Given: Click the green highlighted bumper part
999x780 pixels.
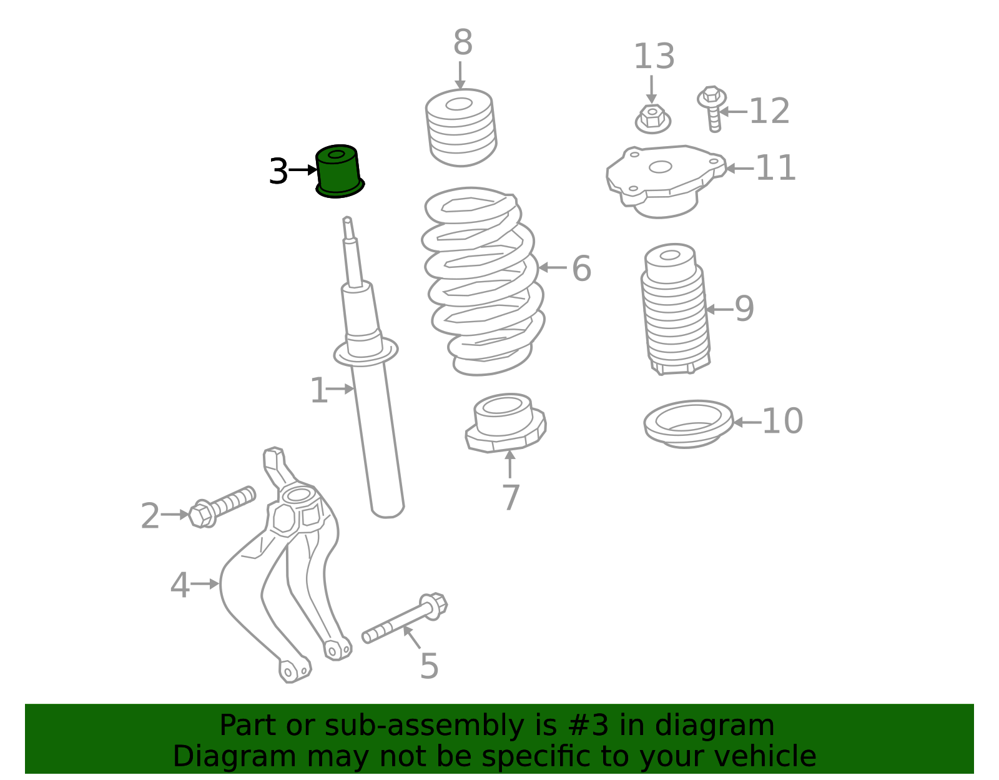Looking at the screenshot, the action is point(339,172).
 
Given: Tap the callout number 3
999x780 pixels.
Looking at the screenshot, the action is point(278,172).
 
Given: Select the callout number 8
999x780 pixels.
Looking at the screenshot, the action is point(463,42).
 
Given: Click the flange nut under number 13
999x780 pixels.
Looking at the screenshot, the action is point(653,119).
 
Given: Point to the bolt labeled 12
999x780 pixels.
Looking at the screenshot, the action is point(712,109).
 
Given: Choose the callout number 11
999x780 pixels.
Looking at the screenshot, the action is point(775,168).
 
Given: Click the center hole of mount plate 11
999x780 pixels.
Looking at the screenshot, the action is point(661,167).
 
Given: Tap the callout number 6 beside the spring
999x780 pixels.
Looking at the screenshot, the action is point(581,268).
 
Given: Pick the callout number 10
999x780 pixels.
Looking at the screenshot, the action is point(782,420).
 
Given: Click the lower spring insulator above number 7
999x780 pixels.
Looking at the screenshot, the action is point(506,423).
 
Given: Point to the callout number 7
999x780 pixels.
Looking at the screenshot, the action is point(511,497).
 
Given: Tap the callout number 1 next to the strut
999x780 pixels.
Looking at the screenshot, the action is point(319,390).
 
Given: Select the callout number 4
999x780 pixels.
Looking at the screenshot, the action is point(180,585).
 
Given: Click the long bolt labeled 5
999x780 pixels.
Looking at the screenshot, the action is point(404,618).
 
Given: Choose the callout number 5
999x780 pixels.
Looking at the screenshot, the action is point(430,666).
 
